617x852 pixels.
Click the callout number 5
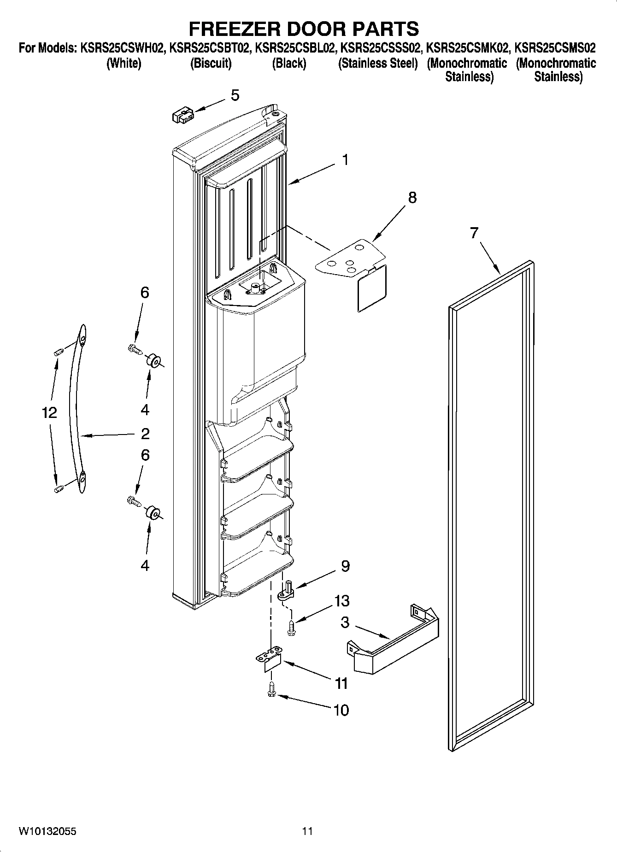(x=235, y=96)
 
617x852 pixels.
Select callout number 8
(x=412, y=198)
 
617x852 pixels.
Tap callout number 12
(x=49, y=412)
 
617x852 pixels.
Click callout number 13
(x=342, y=601)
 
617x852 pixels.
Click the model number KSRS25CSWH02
(x=122, y=48)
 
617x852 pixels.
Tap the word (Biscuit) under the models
(x=211, y=63)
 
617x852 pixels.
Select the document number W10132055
(x=47, y=831)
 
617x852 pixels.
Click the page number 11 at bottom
(x=307, y=831)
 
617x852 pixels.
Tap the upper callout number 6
(x=145, y=293)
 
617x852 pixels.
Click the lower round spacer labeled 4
(x=153, y=513)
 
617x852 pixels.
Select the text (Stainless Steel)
(x=378, y=63)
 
